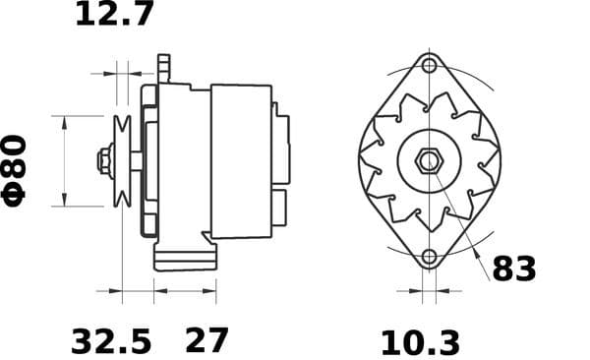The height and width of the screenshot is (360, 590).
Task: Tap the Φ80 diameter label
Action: pyautogui.click(x=18, y=170)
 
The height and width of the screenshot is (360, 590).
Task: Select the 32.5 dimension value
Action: pyautogui.click(x=111, y=341)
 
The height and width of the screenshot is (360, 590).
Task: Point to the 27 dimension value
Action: pyautogui.click(x=206, y=340)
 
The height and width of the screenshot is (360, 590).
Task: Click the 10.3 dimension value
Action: pyautogui.click(x=420, y=342)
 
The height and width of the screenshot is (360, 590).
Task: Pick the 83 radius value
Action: pyautogui.click(x=513, y=268)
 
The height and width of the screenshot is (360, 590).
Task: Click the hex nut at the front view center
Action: pyautogui.click(x=428, y=160)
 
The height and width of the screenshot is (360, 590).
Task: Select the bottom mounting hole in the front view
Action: pyautogui.click(x=428, y=258)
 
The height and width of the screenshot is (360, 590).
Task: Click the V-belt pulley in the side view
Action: pyautogui.click(x=123, y=160)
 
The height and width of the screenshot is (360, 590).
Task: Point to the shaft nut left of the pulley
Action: pyautogui.click(x=103, y=160)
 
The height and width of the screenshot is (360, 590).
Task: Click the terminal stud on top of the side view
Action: pyautogui.click(x=164, y=68)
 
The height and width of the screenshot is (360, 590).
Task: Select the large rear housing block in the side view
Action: pyautogui.click(x=241, y=160)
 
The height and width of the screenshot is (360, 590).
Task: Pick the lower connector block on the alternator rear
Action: pyautogui.click(x=279, y=207)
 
